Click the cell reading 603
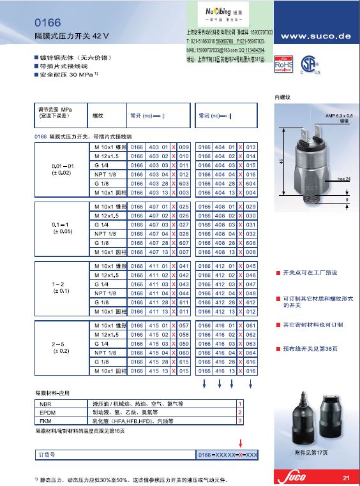(184, 183)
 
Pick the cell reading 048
(250, 293)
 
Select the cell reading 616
(250, 362)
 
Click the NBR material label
(45, 404)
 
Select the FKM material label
(45, 421)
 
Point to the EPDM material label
(48, 413)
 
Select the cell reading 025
(184, 207)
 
